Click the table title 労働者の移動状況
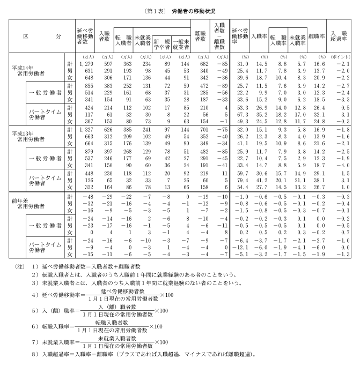click(x=194, y=10)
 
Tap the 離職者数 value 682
click(x=200, y=64)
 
